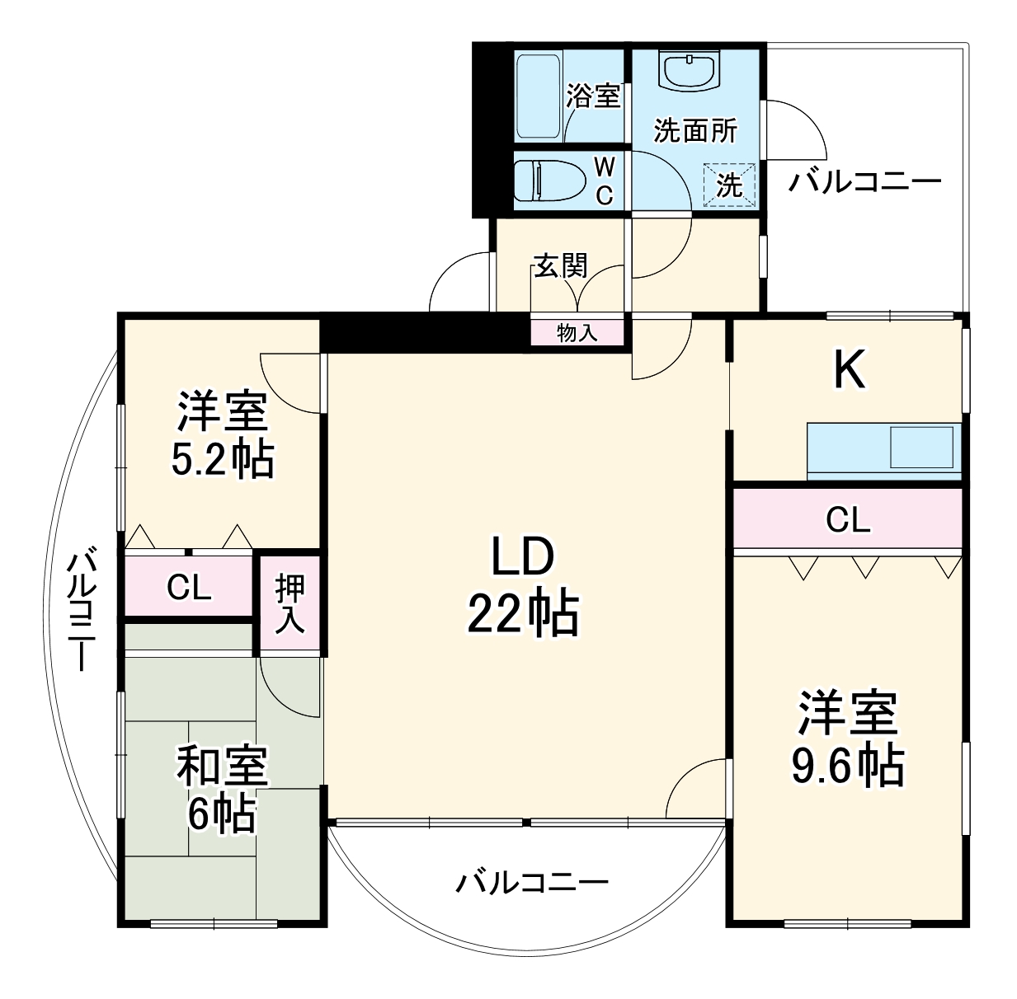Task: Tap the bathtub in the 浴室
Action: (538, 95)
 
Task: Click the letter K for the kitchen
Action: (849, 370)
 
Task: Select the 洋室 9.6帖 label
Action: (847, 739)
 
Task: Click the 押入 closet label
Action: (290, 604)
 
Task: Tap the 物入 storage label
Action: (577, 333)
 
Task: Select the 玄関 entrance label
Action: (560, 265)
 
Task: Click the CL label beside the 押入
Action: (189, 588)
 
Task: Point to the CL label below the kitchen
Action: (848, 520)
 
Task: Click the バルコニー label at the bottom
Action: (532, 883)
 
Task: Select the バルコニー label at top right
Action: (864, 181)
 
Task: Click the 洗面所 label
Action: (694, 130)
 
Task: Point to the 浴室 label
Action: (593, 96)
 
